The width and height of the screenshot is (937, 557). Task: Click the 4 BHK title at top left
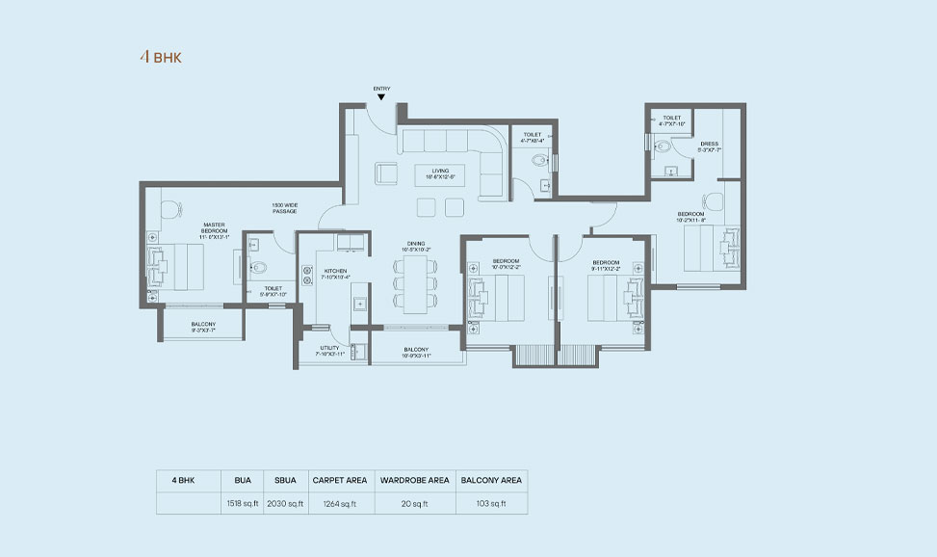[161, 57]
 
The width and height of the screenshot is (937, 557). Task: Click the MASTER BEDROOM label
[214, 228]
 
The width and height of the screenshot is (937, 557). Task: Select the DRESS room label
[710, 146]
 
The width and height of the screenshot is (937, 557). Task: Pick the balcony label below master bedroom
[203, 327]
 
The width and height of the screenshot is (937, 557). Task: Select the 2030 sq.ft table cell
[285, 503]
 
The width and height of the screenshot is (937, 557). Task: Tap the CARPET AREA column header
[340, 479]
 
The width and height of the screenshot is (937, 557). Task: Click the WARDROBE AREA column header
[414, 479]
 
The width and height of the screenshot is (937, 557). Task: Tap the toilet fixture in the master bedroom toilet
[258, 269]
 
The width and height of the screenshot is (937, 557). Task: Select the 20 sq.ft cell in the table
[414, 503]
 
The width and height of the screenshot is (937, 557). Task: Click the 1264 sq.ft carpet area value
[340, 503]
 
